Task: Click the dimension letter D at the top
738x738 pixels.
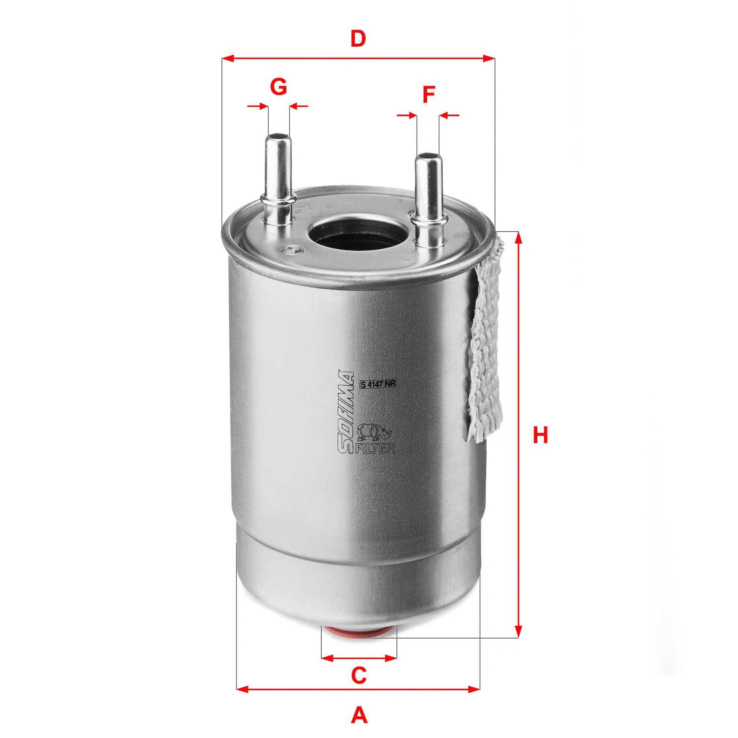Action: pos(358,38)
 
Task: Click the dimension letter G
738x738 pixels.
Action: pos(278,87)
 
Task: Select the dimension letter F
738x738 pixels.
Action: pos(429,94)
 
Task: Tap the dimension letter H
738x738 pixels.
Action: pos(540,435)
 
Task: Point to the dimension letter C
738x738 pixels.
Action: pos(359,676)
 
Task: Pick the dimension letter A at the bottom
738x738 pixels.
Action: pos(359,715)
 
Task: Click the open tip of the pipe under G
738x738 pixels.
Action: pos(278,136)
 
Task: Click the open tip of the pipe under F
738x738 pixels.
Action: pos(428,156)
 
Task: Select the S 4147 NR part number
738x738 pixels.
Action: pos(377,385)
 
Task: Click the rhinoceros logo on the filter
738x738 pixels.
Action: pos(373,431)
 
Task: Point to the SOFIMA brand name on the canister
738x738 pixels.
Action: pos(346,411)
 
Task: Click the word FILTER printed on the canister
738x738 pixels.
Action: pos(375,448)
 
